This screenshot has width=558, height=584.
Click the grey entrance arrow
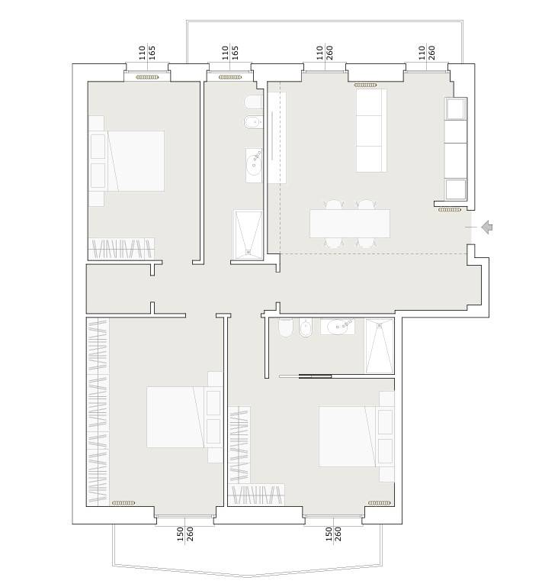pos(487,227)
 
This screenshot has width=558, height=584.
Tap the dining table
pos(350,224)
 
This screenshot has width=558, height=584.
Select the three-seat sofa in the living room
pos(371,131)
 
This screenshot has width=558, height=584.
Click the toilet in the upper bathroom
pos(254,102)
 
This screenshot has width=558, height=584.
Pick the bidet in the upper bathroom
pos(254,122)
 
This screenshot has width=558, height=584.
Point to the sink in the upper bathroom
pos(254,166)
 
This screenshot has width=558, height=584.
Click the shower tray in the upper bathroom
pos(248,234)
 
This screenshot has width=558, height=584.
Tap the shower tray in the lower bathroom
pos(380,346)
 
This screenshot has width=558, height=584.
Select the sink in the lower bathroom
pos(338,327)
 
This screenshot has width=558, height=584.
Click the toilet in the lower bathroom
pos(286,327)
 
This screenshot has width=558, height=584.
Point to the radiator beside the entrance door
pos(450,210)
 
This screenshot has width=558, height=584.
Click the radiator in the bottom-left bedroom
pos(123,503)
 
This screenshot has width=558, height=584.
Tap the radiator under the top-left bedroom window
pos(147,77)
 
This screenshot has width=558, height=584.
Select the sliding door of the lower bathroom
pos(306,376)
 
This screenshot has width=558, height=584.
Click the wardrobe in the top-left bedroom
pos(121,248)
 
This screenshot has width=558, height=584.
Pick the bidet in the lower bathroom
pos(306,327)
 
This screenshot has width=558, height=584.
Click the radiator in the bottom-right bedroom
pos(380,503)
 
